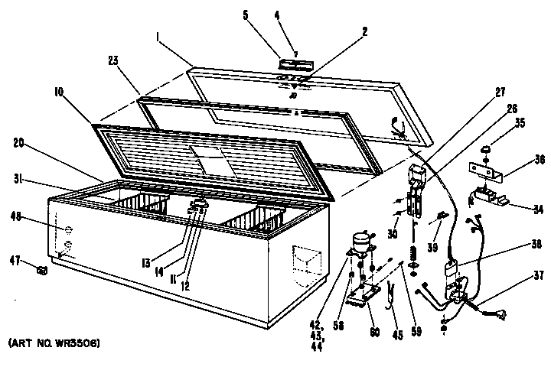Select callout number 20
[x=19, y=142]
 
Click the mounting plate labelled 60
[x=367, y=294]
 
